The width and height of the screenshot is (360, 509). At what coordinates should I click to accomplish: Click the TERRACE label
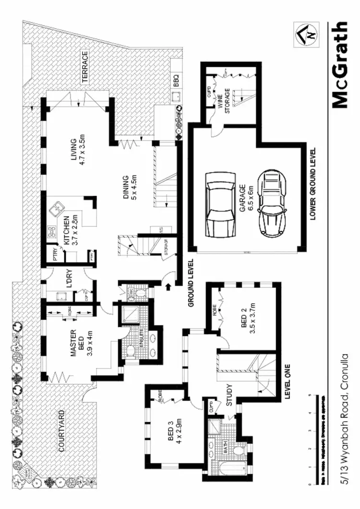click(x=85, y=68)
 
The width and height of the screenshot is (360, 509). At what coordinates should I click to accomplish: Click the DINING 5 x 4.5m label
click(x=130, y=187)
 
